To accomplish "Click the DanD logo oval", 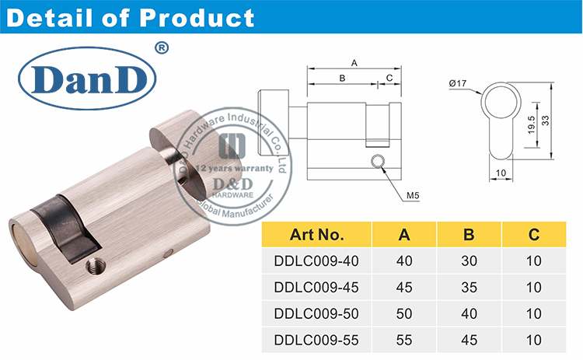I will [88, 79].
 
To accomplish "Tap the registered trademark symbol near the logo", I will [162, 48].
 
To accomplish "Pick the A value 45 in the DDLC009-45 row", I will [405, 287].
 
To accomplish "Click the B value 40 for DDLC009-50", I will [470, 313].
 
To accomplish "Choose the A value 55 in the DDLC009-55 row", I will [405, 340].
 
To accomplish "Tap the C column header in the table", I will [533, 234].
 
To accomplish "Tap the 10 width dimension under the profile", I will [501, 172].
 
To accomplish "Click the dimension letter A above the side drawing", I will [354, 62].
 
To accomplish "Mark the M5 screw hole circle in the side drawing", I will [378, 161].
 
